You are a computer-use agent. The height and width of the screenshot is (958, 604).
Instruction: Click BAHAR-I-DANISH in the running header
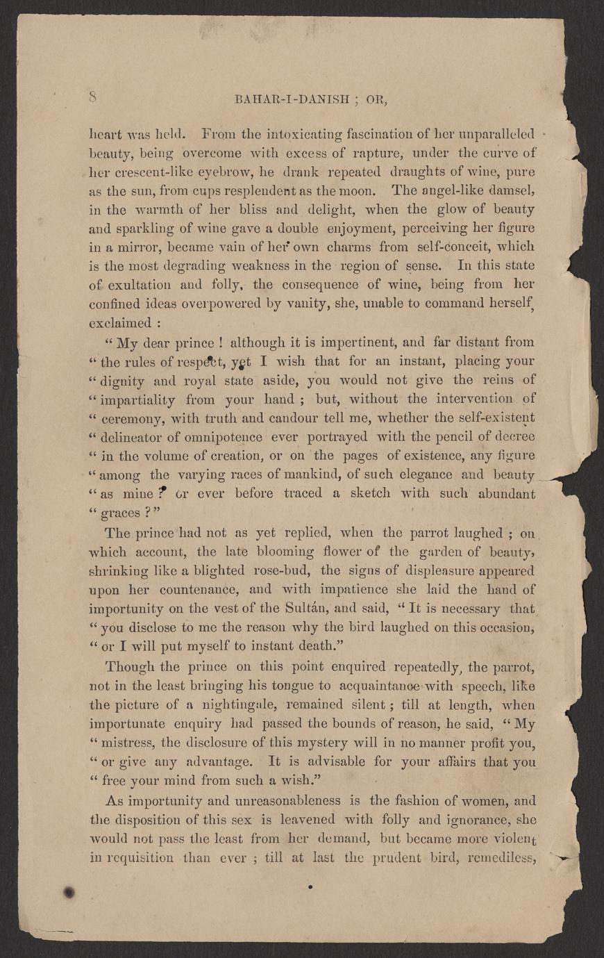[x=286, y=99]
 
